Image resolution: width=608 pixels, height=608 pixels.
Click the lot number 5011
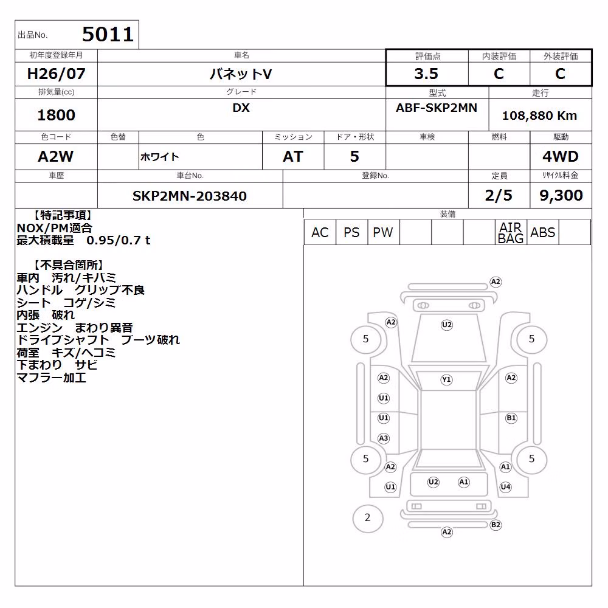pyautogui.click(x=108, y=34)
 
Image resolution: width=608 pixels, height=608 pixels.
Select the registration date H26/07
pyautogui.click(x=56, y=74)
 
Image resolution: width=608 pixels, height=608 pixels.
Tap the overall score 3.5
pyautogui.click(x=426, y=74)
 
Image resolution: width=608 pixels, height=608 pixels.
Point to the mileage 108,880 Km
pyautogui.click(x=539, y=116)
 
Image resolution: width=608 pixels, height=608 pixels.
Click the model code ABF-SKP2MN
pyautogui.click(x=437, y=108)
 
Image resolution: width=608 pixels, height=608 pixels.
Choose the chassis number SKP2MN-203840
pyautogui.click(x=190, y=196)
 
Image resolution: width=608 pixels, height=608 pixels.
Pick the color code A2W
pyautogui.click(x=55, y=156)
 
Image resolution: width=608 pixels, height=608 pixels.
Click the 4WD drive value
pyautogui.click(x=561, y=156)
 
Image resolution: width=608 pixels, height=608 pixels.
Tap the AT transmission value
pyautogui.click(x=293, y=156)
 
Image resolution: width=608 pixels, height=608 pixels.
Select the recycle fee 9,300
pyautogui.click(x=561, y=195)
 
